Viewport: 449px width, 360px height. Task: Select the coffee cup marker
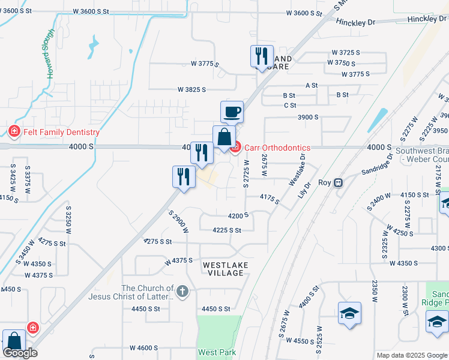[x=232, y=112]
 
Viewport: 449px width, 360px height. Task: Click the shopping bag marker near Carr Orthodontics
[x=224, y=137]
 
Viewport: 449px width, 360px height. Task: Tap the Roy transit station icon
[x=339, y=182]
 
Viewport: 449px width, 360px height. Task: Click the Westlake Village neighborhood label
[x=223, y=268]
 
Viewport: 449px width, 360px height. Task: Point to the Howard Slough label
[x=50, y=53]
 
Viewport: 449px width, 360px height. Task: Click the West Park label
[x=217, y=352]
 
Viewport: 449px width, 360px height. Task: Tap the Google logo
[x=20, y=353]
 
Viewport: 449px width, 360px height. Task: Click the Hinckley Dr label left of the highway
[x=355, y=22]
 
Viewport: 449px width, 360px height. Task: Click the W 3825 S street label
[x=191, y=89]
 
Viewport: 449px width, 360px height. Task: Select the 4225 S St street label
[x=227, y=230]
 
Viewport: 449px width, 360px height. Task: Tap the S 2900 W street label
[x=179, y=221]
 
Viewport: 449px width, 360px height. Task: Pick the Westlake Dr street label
[x=297, y=169]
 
